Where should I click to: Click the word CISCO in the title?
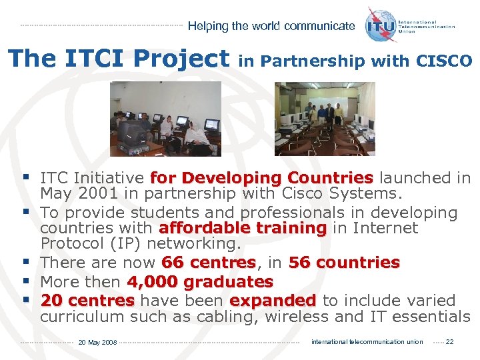coord(444,61)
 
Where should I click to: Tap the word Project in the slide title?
coord(179,59)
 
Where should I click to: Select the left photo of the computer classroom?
coord(165,119)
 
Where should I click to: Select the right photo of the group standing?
coord(325,119)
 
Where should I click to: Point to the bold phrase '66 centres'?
coord(209,263)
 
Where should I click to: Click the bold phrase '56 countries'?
coord(344,263)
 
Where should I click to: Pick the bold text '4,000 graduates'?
coord(200,282)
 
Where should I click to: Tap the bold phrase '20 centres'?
coord(87,301)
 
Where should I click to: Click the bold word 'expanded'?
coord(273,301)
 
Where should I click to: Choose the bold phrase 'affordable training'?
coord(243,228)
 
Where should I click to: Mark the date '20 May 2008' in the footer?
coord(97,343)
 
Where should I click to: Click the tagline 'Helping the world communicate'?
coord(271,26)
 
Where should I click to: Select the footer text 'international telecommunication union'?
coord(367,342)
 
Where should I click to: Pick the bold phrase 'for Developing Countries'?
coord(261,178)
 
